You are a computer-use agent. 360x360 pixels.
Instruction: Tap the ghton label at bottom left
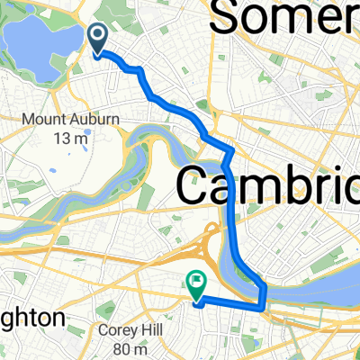pyautogui.click(x=31, y=319)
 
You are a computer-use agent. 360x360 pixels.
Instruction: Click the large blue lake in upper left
pyautogui.click(x=40, y=40)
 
